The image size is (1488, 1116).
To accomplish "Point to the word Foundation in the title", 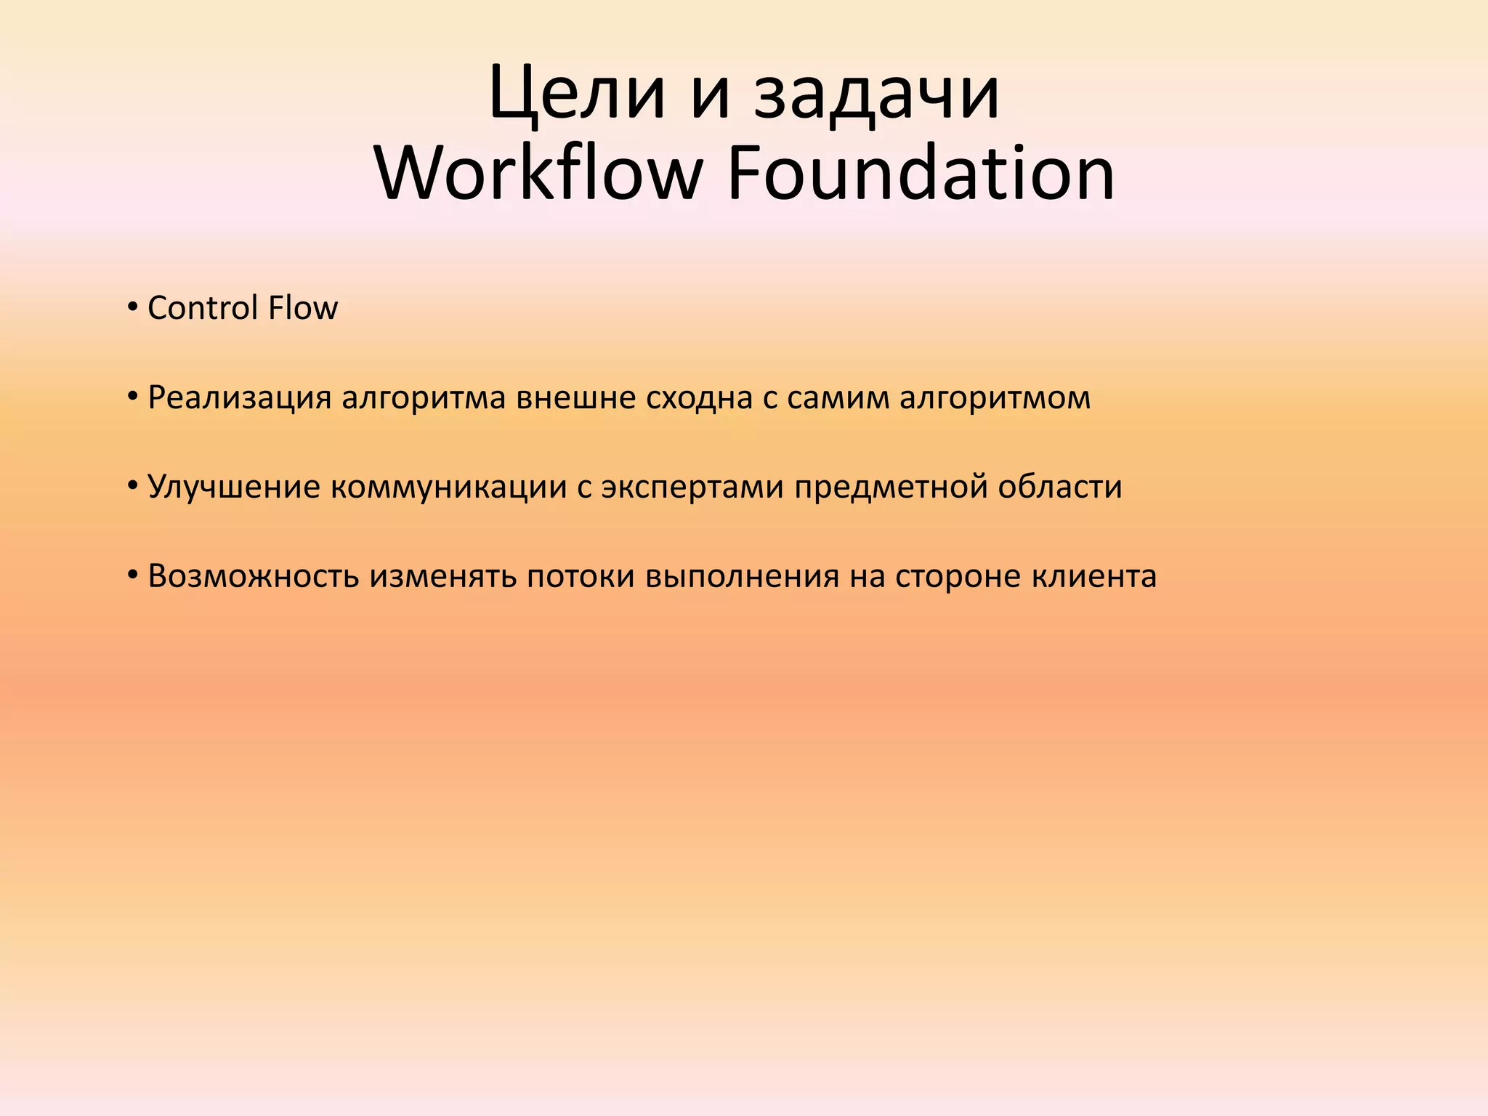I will [921, 174].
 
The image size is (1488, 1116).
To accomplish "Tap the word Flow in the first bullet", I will [303, 308].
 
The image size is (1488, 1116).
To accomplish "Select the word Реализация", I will [240, 398].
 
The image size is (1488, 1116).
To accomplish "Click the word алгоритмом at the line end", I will [995, 398].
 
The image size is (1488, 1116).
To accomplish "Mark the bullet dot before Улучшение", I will [132, 486].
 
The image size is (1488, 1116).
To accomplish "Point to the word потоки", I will [581, 576].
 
